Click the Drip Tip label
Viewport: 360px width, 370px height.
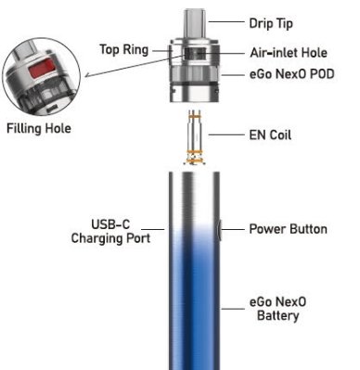[271, 23]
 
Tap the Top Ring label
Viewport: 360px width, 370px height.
[124, 49]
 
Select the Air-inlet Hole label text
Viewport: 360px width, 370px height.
[289, 53]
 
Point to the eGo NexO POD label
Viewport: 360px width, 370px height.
[292, 74]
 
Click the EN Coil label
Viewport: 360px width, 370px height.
[270, 135]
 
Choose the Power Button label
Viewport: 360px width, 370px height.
[289, 229]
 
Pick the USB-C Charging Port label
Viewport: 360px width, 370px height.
[110, 231]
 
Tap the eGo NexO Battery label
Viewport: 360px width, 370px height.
[277, 309]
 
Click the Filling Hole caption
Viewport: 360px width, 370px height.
[39, 128]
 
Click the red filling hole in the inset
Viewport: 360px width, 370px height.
[42, 69]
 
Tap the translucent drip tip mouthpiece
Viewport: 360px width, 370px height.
[195, 23]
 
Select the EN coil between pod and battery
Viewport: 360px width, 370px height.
[195, 137]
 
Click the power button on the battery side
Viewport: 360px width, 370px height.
[219, 230]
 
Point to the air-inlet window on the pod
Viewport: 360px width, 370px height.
[195, 54]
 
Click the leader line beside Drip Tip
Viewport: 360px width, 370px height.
[226, 21]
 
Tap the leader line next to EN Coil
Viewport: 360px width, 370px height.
[226, 134]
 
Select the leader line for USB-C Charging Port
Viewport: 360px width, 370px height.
[153, 229]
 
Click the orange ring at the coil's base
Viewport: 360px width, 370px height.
[195, 151]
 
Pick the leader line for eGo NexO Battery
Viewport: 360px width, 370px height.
[233, 309]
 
